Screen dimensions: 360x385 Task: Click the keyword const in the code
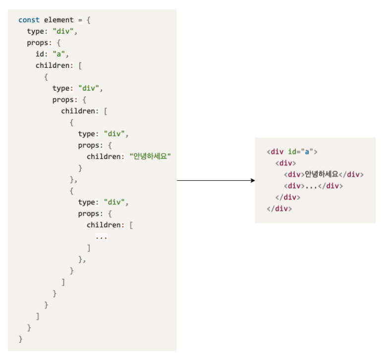29,20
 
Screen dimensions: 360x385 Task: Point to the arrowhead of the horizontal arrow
252,181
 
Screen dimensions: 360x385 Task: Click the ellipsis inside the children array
102,236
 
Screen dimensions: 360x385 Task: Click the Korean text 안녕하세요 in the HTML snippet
322,174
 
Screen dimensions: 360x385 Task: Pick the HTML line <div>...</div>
313,186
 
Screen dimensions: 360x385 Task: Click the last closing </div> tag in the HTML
279,208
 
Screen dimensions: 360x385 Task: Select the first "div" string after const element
65,32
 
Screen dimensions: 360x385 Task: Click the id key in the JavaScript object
40,54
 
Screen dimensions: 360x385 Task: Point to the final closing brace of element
20,339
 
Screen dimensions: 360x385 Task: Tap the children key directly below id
53,66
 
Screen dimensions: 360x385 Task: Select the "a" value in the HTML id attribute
307,152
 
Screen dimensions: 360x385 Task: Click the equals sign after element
80,20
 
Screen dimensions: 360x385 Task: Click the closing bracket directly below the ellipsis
89,248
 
